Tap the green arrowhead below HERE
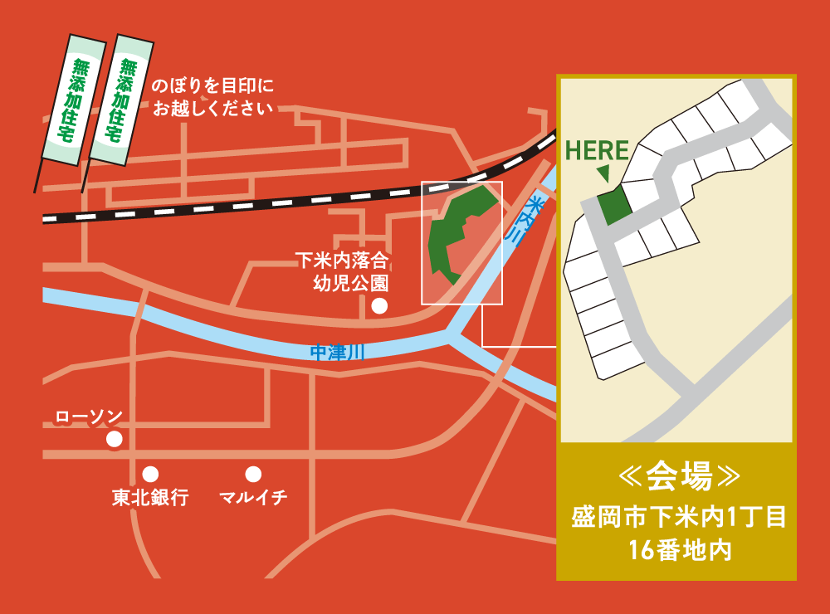[603, 173]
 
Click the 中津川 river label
[336, 353]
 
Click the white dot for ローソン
[114, 438]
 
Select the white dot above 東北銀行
[150, 475]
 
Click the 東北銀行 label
[150, 498]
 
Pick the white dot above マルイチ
[253, 475]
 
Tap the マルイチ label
[253, 498]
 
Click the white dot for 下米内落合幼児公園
[379, 306]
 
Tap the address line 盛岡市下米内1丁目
[677, 519]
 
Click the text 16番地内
[677, 550]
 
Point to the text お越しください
[212, 107]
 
